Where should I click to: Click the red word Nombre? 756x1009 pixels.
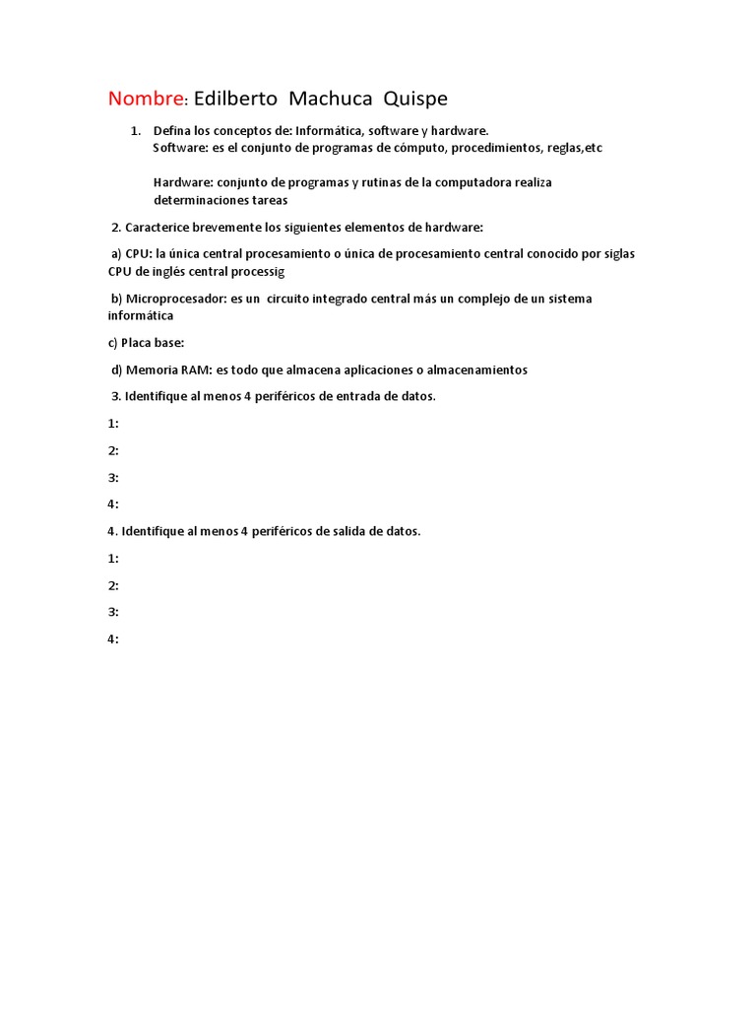click(x=146, y=99)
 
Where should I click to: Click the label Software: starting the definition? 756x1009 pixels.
click(x=181, y=147)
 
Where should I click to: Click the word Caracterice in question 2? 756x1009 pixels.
click(x=157, y=227)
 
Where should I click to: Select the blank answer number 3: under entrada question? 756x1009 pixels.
click(x=113, y=477)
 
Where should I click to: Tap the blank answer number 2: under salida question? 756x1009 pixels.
click(x=113, y=585)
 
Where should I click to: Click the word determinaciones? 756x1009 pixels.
click(x=208, y=199)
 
